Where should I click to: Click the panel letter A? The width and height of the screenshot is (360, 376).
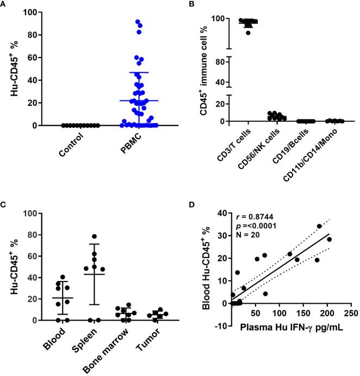tap(5, 5)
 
